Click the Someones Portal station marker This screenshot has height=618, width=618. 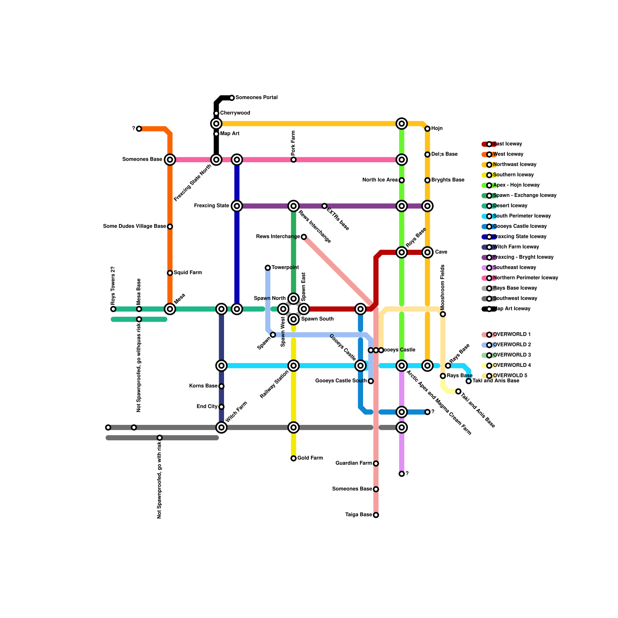tap(232, 98)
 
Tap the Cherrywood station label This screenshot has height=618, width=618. tap(235, 113)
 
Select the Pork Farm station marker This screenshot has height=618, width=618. tap(294, 160)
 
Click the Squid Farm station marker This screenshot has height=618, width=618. tap(170, 273)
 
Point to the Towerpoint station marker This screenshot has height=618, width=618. tap(268, 268)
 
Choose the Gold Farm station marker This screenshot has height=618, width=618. tap(294, 458)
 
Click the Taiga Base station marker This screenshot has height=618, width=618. tap(376, 515)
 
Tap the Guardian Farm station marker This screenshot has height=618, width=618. tap(376, 463)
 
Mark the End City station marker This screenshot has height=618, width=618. tap(221, 407)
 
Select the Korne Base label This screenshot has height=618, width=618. tap(203, 386)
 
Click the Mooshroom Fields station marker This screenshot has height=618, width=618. tap(443, 314)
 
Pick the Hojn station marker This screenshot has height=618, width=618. tap(428, 129)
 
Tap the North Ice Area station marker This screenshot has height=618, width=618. tap(402, 180)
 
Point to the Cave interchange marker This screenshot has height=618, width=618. tap(428, 252)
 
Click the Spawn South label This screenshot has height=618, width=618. tap(317, 319)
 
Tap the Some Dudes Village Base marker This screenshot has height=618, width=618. tap(170, 227)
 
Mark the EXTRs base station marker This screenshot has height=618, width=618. tap(324, 206)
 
